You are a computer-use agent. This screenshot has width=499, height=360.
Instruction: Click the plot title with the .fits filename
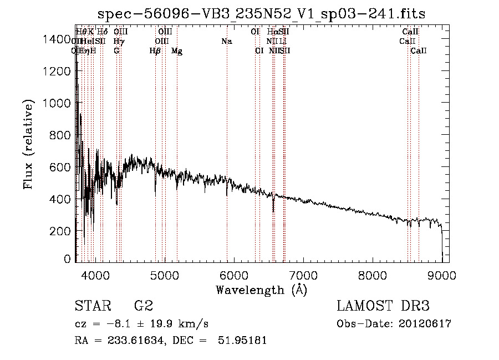tap(261, 14)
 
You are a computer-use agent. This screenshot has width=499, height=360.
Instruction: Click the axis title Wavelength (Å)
tap(261, 290)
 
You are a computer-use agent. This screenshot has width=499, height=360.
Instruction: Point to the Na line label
tap(226, 42)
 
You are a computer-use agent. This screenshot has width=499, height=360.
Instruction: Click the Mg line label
tap(177, 51)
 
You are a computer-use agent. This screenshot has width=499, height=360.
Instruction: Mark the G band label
tap(116, 51)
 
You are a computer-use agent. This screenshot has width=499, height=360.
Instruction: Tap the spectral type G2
tap(144, 306)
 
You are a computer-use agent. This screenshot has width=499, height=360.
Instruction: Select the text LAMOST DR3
tap(383, 306)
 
